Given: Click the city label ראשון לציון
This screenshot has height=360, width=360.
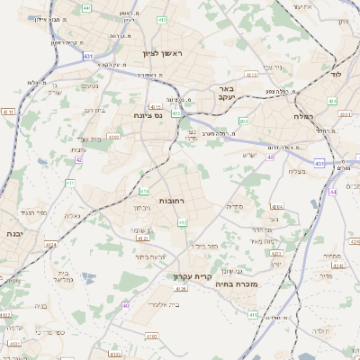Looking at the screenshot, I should (x=162, y=54).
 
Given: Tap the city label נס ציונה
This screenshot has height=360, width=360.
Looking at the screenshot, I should (x=147, y=115).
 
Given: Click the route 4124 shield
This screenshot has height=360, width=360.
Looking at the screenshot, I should (x=50, y=244).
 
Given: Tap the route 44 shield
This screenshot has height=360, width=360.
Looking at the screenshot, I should (x=332, y=191).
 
